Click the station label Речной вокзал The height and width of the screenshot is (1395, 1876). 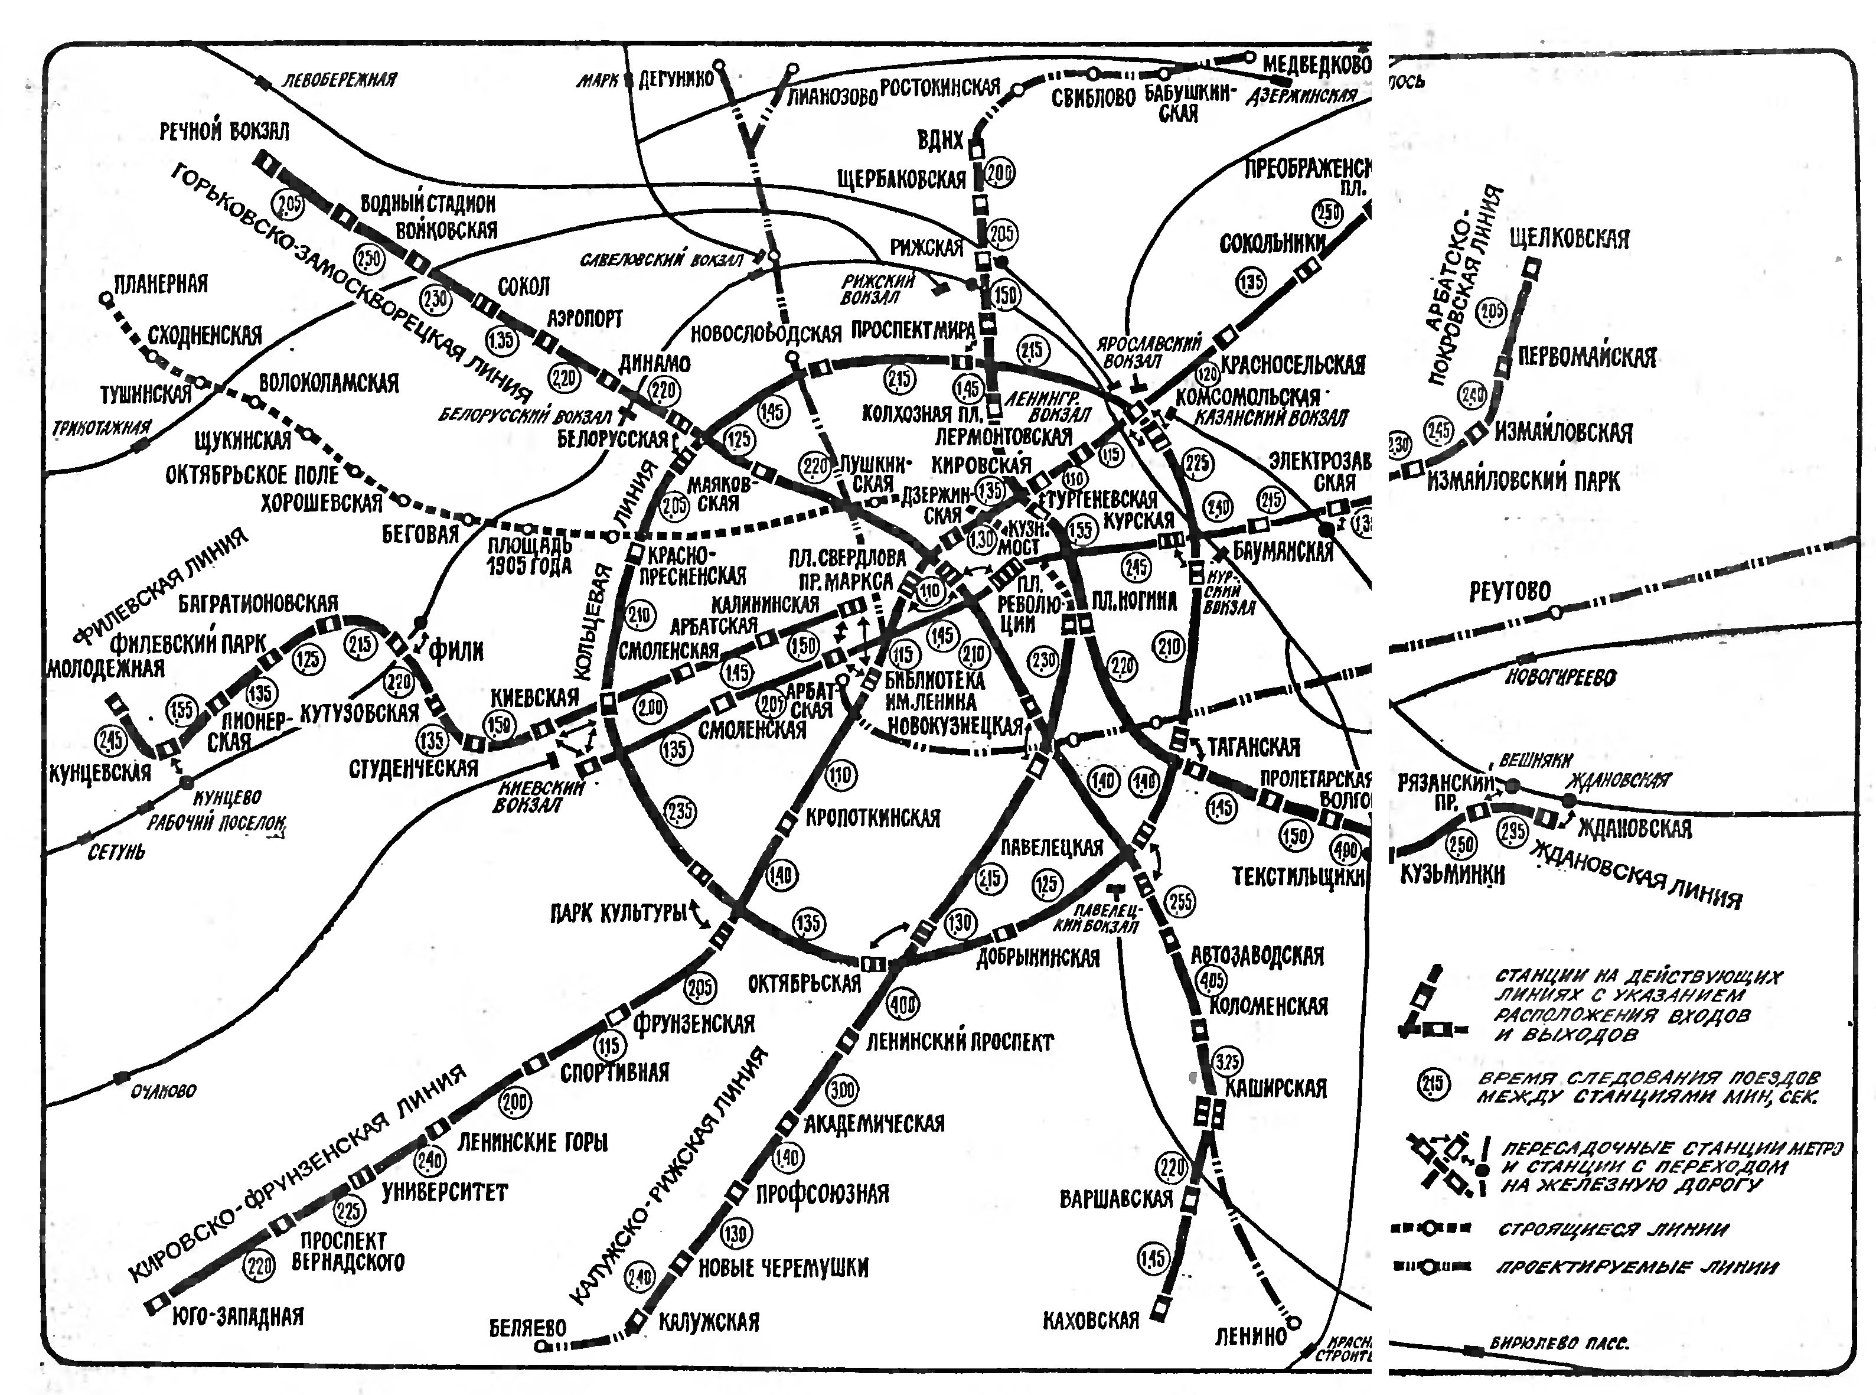[x=224, y=131]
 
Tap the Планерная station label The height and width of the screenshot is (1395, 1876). [x=161, y=283]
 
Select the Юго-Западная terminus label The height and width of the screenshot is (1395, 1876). [x=237, y=1316]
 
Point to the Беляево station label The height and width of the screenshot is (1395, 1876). [x=528, y=1328]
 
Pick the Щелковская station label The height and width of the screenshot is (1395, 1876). [x=1570, y=239]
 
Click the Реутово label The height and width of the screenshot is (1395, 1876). [x=1509, y=591]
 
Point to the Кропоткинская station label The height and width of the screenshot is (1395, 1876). [x=873, y=817]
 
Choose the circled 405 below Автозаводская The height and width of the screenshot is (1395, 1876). [x=1212, y=980]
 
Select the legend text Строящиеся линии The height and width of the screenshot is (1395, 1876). [x=1613, y=1230]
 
